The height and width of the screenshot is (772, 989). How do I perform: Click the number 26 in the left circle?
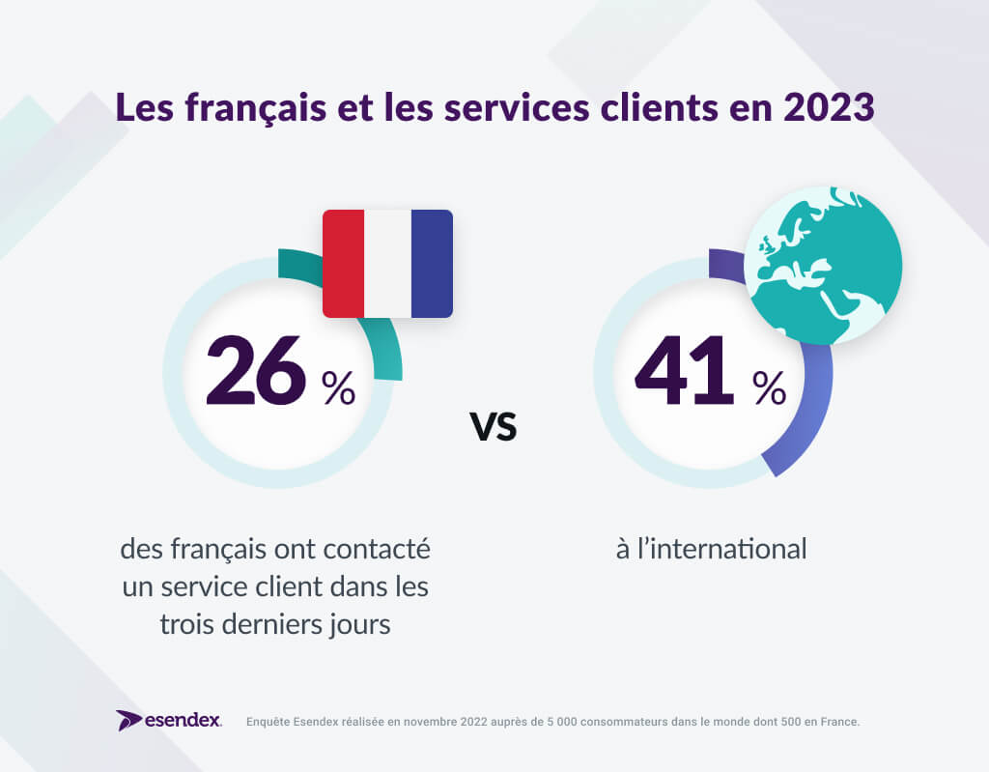(256, 370)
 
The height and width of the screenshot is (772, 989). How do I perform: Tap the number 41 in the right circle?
(684, 370)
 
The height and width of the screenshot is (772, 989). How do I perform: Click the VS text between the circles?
(494, 426)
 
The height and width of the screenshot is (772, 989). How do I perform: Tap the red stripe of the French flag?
(343, 264)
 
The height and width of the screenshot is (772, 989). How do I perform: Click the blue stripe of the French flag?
(432, 264)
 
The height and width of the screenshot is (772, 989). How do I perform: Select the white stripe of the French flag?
(387, 264)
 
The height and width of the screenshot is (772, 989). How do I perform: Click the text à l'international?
(711, 550)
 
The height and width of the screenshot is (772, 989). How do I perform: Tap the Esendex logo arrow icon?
(129, 720)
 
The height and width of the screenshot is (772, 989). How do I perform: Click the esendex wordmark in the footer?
(184, 721)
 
